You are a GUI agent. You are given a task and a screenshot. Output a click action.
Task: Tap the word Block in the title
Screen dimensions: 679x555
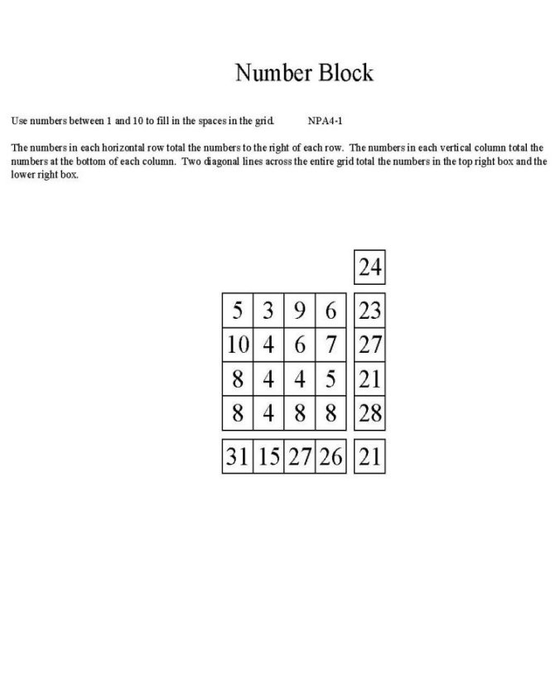pyautogui.click(x=342, y=73)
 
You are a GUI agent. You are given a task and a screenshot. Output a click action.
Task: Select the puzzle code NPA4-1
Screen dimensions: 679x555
pyautogui.click(x=326, y=121)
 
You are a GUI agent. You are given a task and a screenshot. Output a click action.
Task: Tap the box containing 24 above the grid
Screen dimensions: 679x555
pyautogui.click(x=369, y=267)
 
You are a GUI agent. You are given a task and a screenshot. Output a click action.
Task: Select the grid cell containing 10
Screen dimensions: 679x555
pyautogui.click(x=238, y=344)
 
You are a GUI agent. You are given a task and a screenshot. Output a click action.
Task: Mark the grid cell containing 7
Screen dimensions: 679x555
pyautogui.click(x=331, y=344)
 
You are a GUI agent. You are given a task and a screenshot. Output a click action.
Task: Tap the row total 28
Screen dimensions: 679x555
pyautogui.click(x=369, y=412)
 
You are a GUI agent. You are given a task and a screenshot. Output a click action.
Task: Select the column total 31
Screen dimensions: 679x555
pyautogui.click(x=238, y=455)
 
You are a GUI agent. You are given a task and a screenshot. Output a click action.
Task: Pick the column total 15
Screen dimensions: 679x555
pyautogui.click(x=268, y=455)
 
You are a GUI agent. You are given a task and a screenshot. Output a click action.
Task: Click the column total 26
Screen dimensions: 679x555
pyautogui.click(x=331, y=455)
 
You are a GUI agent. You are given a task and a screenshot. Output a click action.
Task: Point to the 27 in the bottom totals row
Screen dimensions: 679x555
pyautogui.click(x=300, y=455)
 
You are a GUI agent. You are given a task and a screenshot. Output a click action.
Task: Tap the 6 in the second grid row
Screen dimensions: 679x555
pyautogui.click(x=300, y=344)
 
